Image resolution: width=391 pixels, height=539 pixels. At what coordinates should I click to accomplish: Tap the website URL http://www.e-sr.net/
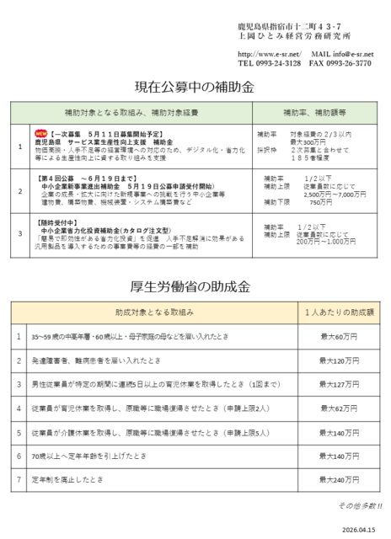[x=268, y=54]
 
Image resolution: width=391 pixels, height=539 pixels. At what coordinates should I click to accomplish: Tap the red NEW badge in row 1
[x=40, y=133]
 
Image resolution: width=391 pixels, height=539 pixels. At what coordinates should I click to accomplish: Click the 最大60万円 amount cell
[x=340, y=335]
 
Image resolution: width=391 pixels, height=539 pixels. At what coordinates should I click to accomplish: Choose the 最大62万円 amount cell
[x=340, y=408]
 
